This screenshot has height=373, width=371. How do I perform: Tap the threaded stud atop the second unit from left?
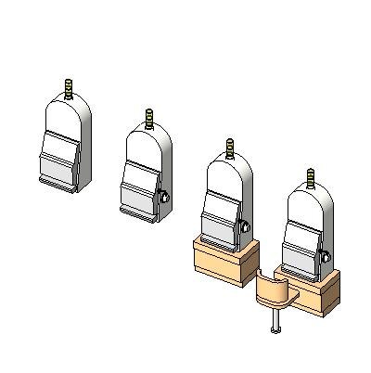[148, 120]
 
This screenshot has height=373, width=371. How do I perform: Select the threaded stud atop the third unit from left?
[230, 148]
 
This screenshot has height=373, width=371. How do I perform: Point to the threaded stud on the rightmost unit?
[310, 178]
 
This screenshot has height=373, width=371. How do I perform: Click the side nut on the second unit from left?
[164, 197]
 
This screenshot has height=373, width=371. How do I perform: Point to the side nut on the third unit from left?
[245, 225]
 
